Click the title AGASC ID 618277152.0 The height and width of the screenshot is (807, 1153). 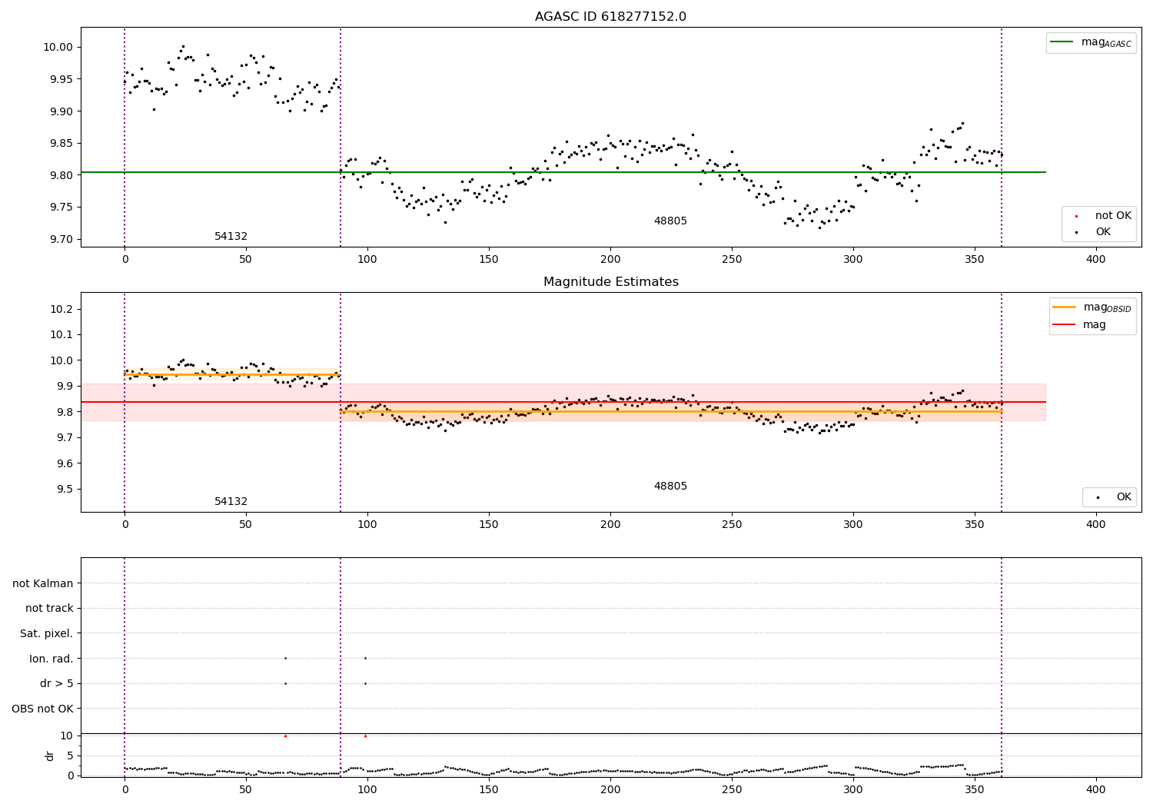pos(610,17)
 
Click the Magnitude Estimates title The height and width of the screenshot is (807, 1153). pos(610,282)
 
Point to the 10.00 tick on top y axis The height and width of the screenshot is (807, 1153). pos(58,47)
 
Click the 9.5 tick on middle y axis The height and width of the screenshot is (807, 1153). pos(65,490)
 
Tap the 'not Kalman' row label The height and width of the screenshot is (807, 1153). pos(43,583)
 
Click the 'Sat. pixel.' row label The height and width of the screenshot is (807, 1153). pos(46,633)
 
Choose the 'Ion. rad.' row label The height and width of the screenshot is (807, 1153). pos(51,659)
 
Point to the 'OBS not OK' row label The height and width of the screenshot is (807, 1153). pos(42,709)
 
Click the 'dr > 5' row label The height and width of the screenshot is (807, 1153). pos(56,683)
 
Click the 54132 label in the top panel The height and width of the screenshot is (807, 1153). pos(231,237)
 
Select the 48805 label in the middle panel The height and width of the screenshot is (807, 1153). pos(670,487)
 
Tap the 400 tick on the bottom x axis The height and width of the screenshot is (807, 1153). pos(1095,788)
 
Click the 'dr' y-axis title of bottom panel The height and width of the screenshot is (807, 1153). pos(50,756)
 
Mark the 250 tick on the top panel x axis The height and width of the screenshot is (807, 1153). pos(732,260)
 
